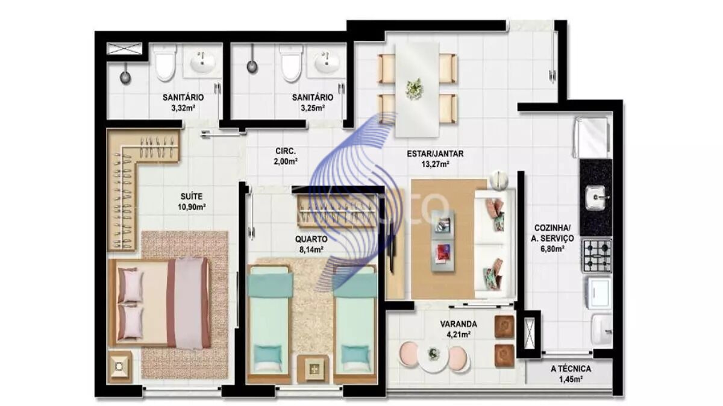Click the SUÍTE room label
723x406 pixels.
(x=192, y=196)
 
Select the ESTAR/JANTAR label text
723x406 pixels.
(x=435, y=153)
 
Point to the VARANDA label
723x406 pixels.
(x=459, y=323)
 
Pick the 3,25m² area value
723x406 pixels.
(x=312, y=108)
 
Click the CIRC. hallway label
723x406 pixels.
(x=284, y=151)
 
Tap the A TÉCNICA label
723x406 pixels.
(x=570, y=369)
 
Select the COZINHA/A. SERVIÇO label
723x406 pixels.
(x=549, y=233)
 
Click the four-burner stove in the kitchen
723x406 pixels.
(x=596, y=255)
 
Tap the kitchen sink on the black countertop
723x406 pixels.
(x=596, y=196)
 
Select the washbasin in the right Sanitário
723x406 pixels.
(x=327, y=63)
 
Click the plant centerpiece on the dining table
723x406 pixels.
(x=414, y=89)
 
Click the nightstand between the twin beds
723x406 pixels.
(x=313, y=367)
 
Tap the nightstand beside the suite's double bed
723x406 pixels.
(x=120, y=366)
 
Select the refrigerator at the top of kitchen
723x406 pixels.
(x=592, y=137)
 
